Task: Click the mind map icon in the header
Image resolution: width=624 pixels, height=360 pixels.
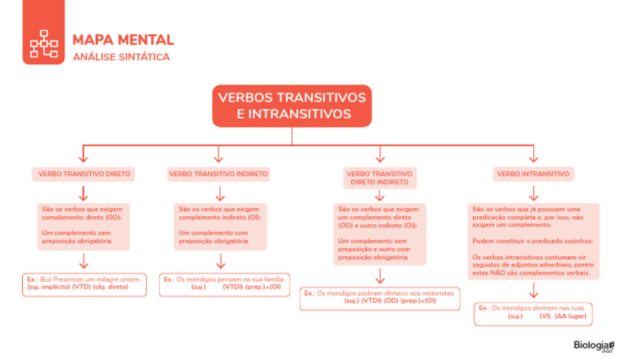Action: point(44,46)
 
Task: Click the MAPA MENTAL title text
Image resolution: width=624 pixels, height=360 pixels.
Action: point(123,39)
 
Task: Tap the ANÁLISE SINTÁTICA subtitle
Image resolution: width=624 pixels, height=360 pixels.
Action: point(121,57)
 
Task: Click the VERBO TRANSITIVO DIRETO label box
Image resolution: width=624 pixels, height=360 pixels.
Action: point(84,174)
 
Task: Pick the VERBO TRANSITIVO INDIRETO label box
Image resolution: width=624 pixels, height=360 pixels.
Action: point(219,174)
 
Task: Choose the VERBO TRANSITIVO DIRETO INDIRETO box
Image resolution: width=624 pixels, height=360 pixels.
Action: point(379,178)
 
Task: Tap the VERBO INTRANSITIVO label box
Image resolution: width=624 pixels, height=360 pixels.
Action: point(533,174)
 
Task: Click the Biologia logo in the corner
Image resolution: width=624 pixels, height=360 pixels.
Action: point(591,346)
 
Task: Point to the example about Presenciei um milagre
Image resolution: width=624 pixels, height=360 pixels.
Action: point(84,283)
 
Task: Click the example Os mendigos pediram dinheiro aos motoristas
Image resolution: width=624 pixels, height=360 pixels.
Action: point(379,297)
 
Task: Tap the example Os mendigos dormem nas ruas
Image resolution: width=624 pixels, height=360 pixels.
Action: point(533,312)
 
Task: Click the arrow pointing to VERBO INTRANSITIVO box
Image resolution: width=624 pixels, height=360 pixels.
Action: point(533,154)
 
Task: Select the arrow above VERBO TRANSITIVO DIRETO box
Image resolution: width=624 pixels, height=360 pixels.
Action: point(83,154)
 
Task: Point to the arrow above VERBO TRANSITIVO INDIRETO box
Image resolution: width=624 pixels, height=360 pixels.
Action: point(218,154)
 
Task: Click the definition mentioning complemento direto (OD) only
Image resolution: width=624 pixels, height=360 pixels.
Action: point(82,225)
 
